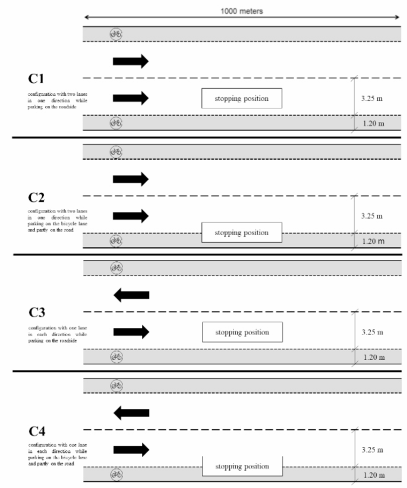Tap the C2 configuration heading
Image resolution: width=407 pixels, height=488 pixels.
[38, 198]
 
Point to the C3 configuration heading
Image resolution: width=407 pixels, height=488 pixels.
[38, 313]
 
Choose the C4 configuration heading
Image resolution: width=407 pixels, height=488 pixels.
[38, 430]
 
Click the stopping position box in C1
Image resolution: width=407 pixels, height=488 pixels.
[241, 98]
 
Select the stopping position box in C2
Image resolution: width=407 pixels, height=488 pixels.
[241, 233]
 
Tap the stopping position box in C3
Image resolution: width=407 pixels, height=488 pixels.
[241, 332]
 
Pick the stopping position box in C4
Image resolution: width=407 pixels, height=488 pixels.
[241, 467]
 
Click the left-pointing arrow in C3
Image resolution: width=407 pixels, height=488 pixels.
[131, 295]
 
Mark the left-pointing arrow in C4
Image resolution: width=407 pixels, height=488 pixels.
[131, 412]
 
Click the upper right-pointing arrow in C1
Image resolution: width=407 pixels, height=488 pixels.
[130, 61]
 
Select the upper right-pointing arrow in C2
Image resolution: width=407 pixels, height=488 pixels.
[130, 178]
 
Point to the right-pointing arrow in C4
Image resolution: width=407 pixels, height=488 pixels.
[131, 449]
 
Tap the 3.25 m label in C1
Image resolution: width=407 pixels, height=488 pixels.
[372, 98]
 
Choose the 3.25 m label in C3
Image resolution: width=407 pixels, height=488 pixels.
[372, 332]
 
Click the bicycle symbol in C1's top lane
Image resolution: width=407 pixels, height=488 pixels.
[116, 34]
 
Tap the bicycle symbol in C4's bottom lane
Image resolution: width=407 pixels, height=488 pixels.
[116, 474]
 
